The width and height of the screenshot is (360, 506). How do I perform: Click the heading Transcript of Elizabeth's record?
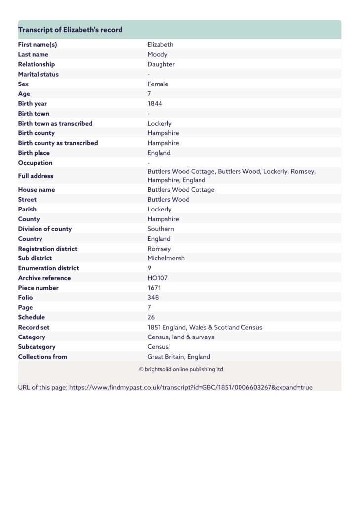(x=70, y=30)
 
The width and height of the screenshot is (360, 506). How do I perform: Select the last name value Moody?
(x=157, y=54)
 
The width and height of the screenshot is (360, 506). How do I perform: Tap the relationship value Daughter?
(x=160, y=64)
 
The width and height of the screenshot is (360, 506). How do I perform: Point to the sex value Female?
(x=158, y=84)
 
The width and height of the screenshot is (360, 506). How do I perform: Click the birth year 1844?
(x=155, y=104)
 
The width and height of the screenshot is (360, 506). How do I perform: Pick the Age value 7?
(x=149, y=94)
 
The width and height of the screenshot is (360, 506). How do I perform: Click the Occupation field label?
(x=35, y=163)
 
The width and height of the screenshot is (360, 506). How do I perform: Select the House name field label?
(x=37, y=190)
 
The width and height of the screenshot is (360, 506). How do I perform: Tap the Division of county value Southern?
(x=160, y=229)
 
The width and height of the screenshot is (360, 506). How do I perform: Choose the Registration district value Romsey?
(x=159, y=249)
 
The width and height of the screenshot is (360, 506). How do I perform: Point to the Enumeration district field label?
(x=48, y=268)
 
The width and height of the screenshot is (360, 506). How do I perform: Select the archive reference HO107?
(x=158, y=278)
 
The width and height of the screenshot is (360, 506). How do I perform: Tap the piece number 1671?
(x=154, y=288)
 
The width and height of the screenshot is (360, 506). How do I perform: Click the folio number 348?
(x=153, y=297)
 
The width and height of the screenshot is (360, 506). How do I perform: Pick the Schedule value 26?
(x=151, y=317)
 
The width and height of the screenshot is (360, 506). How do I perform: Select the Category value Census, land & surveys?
(x=181, y=337)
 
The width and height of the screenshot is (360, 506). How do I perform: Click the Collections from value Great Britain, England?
(x=179, y=357)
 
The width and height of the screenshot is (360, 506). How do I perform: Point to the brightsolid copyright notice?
(x=181, y=369)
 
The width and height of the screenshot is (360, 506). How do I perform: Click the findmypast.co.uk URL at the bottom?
(x=191, y=387)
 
